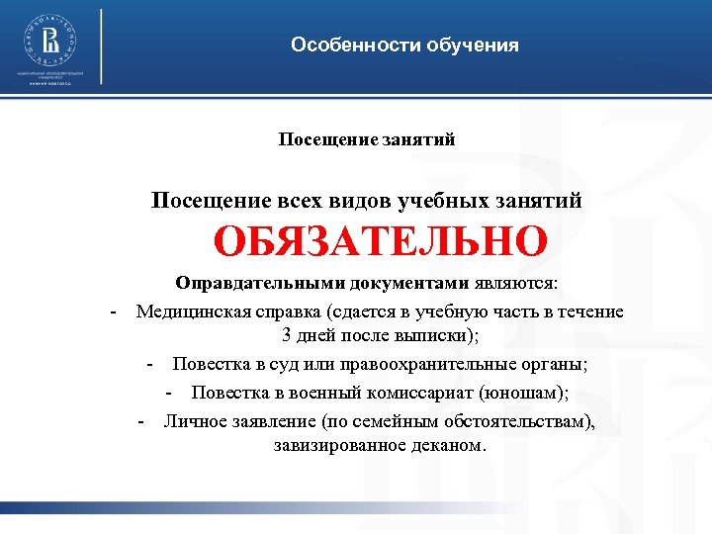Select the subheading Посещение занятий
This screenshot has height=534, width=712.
click(367, 139)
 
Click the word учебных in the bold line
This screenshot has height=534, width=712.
click(440, 201)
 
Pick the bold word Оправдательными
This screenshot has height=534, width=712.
click(240, 284)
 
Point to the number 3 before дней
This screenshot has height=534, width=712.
click(287, 334)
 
